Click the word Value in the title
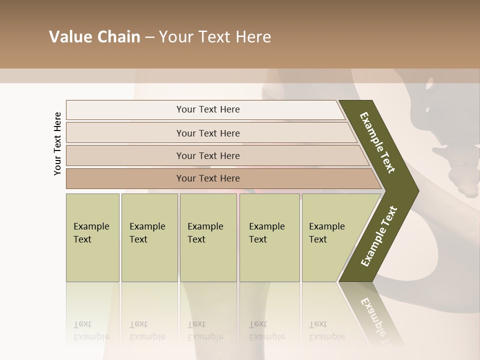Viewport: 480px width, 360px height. (x=70, y=37)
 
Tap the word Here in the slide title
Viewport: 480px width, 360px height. (x=253, y=37)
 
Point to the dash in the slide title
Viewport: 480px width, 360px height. (x=149, y=37)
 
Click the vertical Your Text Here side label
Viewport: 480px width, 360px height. (x=57, y=143)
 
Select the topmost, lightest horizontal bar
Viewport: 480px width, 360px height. (x=125, y=110)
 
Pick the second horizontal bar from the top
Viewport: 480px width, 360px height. (x=125, y=133)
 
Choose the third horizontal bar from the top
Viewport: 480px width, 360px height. (x=125, y=155)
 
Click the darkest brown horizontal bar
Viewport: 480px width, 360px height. (x=125, y=178)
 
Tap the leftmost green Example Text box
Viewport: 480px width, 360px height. (x=92, y=237)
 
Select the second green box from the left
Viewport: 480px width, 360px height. (x=149, y=237)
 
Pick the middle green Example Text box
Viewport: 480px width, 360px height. (x=208, y=237)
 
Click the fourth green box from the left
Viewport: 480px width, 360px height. (x=269, y=237)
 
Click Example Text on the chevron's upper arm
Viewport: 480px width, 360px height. (x=377, y=142)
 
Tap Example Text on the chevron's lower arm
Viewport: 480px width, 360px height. (x=379, y=236)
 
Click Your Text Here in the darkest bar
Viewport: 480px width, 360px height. (x=208, y=178)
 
